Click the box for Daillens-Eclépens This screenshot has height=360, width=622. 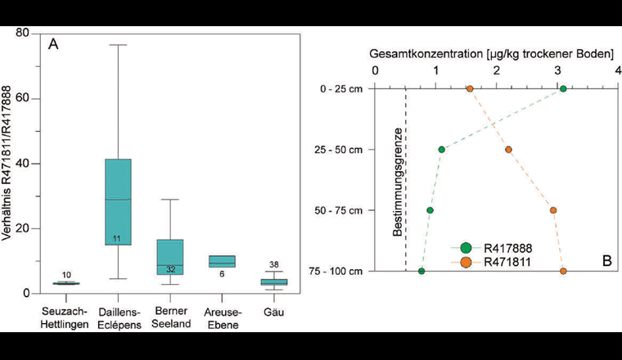[118, 201]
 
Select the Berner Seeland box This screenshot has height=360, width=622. [170, 257]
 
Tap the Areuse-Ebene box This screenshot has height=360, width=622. [222, 262]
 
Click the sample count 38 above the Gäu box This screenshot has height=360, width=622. [274, 264]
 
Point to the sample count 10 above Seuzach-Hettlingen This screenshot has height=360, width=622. [66, 275]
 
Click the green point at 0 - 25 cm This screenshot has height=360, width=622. [563, 89]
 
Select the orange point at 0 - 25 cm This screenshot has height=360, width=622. [470, 89]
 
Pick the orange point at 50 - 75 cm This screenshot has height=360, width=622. [553, 210]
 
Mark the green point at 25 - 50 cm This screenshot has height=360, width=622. [442, 150]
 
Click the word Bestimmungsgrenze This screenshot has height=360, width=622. [397, 182]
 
